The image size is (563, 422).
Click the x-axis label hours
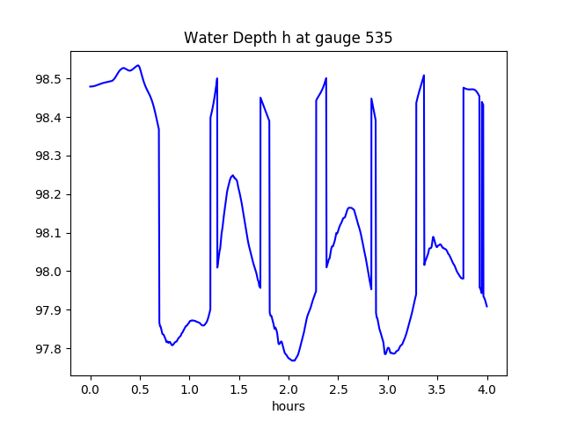[x=289, y=406]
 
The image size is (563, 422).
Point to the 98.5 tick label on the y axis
[x=49, y=79]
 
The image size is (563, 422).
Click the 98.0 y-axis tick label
[x=49, y=272]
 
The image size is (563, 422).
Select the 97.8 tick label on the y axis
[x=49, y=348]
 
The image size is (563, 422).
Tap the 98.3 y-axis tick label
[x=49, y=156]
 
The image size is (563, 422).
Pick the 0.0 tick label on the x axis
[x=91, y=389]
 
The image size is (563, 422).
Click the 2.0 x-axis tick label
[x=289, y=389]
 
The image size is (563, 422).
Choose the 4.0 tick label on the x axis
[x=486, y=389]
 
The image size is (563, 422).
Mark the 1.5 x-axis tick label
[x=239, y=389]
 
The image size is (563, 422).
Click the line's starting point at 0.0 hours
[x=90, y=86]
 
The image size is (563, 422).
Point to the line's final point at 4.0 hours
[x=486, y=307]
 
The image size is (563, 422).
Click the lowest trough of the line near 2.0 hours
[x=293, y=360]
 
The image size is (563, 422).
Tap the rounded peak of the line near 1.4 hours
[x=232, y=175]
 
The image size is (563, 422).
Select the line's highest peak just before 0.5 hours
[x=138, y=65]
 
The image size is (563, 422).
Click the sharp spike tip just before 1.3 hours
[x=217, y=78]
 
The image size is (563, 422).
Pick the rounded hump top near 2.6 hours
[x=350, y=207]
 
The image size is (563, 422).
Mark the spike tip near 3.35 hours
[x=424, y=76]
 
